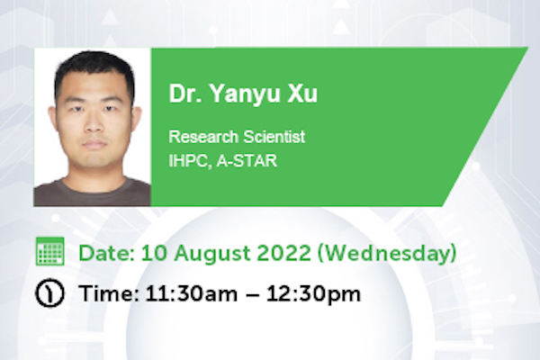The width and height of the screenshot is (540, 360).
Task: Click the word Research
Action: tap(203, 137)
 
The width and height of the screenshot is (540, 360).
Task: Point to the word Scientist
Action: tap(274, 137)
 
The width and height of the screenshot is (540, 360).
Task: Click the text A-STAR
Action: tap(247, 160)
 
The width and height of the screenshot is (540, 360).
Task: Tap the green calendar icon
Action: tap(49, 251)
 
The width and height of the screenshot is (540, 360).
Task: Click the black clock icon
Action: tap(49, 293)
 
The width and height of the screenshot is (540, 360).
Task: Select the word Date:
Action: tap(107, 253)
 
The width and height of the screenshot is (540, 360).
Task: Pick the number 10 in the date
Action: tap(154, 253)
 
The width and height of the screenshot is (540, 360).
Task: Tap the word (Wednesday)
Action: tap(387, 254)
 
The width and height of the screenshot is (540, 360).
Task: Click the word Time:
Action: tap(109, 294)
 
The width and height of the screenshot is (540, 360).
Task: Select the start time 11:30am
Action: tap(192, 294)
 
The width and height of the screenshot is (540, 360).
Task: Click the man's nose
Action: tap(94, 125)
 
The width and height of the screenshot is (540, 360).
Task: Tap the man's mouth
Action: tap(94, 144)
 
